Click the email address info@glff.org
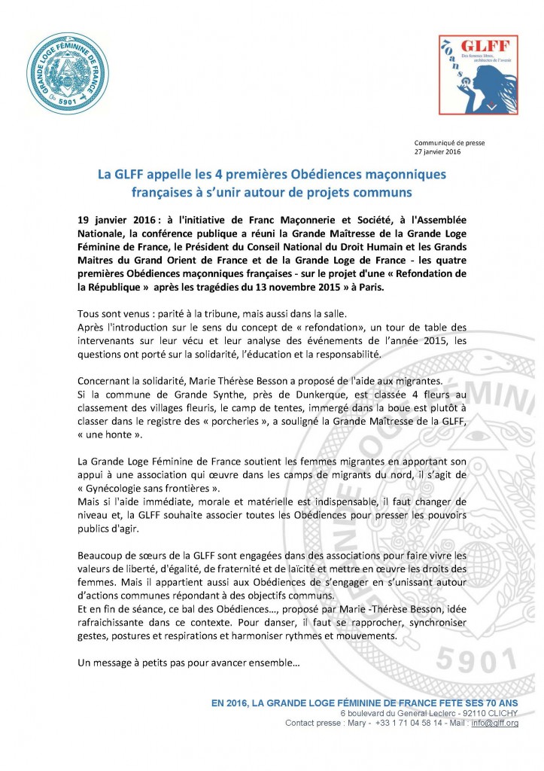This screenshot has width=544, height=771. (x=495, y=724)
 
